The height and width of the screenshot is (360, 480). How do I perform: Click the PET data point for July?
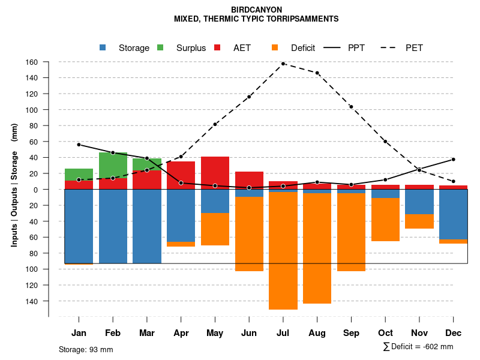click(x=283, y=64)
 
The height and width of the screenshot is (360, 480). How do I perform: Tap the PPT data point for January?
click(x=79, y=145)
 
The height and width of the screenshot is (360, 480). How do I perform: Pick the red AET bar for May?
click(x=215, y=173)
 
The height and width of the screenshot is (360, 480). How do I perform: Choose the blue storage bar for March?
click(x=147, y=226)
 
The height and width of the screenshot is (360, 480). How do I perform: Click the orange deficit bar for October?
click(x=385, y=220)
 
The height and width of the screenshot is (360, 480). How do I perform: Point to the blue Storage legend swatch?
click(x=103, y=47)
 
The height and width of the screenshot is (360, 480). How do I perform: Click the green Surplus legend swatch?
click(x=160, y=47)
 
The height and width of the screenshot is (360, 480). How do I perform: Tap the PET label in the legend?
click(x=414, y=48)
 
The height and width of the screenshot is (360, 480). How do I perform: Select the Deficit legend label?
click(x=303, y=48)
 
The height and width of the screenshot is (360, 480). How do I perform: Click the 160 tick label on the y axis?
click(x=32, y=62)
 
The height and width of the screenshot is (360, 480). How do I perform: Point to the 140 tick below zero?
click(x=32, y=301)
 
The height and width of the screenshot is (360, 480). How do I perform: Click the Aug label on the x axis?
click(x=317, y=333)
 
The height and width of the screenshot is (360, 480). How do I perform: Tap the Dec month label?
click(x=454, y=333)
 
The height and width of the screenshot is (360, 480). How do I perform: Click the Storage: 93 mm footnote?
click(x=86, y=349)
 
